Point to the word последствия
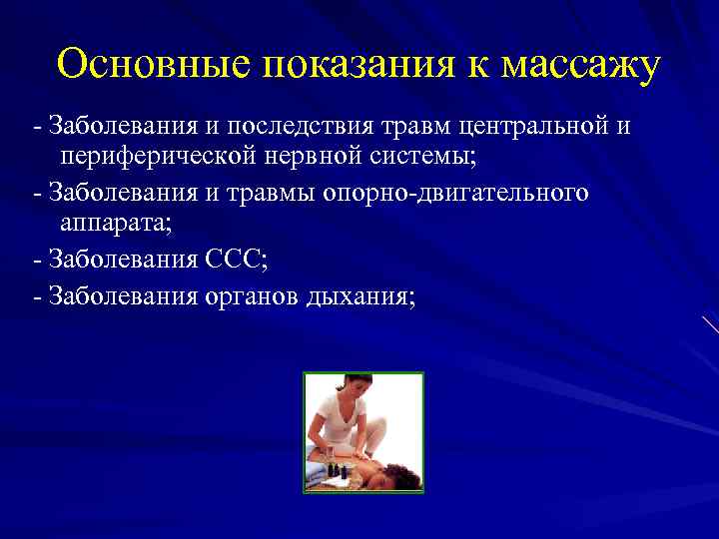(x=299, y=128)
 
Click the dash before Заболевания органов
(x=37, y=295)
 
